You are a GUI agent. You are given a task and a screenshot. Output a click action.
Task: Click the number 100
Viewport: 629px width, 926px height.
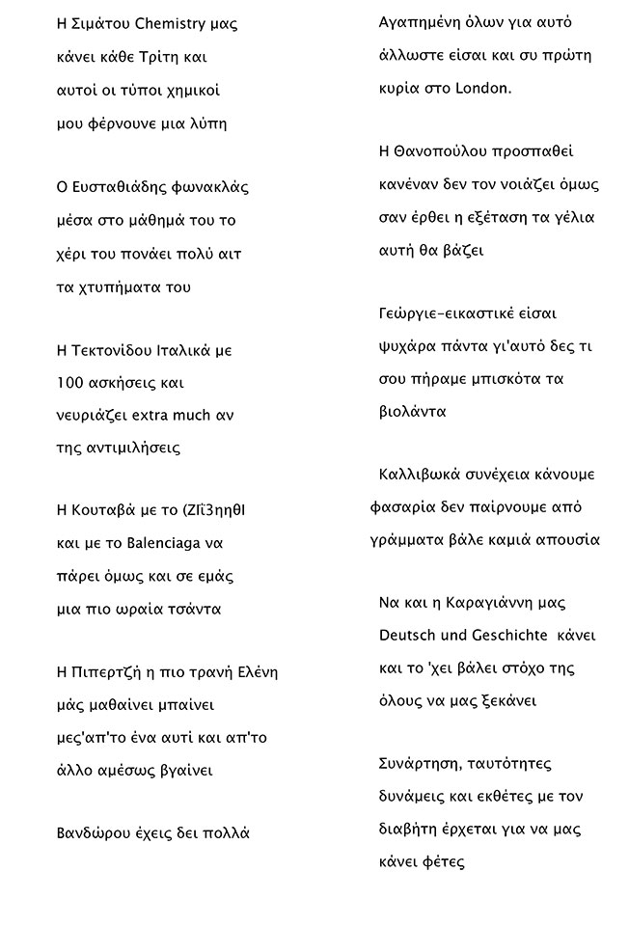(x=73, y=383)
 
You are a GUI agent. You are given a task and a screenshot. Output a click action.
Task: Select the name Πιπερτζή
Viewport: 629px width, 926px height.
(x=108, y=672)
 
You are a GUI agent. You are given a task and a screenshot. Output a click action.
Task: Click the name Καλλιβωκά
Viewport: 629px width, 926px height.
(x=420, y=476)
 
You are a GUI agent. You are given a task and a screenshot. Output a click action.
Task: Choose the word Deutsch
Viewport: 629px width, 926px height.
(x=409, y=636)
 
